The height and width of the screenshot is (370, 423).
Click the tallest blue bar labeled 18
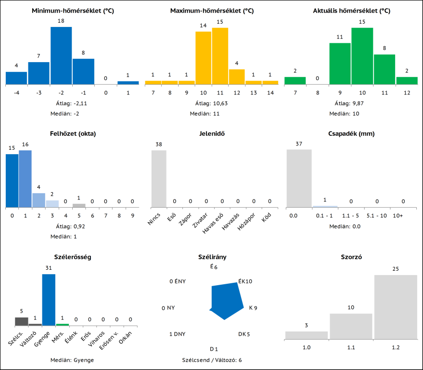[x=61, y=55]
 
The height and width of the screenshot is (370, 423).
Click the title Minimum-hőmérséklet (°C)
[x=72, y=11]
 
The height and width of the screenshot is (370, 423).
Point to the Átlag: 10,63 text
[x=212, y=103]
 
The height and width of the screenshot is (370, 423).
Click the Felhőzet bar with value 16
[x=25, y=179]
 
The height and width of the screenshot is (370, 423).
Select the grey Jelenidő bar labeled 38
[x=159, y=179]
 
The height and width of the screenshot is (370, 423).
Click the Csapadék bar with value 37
[x=299, y=178]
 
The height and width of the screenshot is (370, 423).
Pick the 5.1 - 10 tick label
[x=377, y=215]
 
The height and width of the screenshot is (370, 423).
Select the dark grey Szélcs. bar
[x=22, y=321]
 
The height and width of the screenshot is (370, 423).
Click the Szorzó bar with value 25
[x=396, y=307]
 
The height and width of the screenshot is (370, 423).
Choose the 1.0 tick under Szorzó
[x=306, y=347]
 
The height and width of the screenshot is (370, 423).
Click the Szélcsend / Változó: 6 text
[x=212, y=360]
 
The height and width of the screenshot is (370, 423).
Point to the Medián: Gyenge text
[x=72, y=360]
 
